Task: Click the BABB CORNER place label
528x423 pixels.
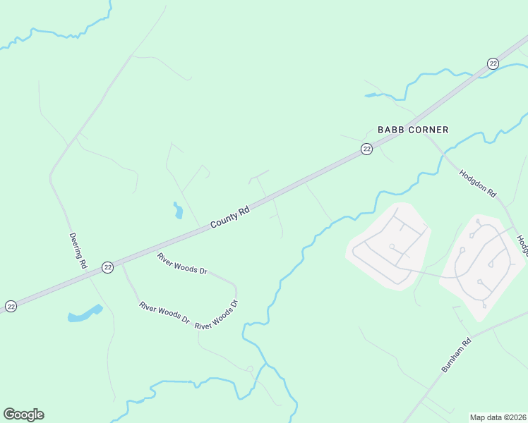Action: [x=413, y=130]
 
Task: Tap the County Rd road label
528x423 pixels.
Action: [x=230, y=217]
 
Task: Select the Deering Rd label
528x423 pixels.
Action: [x=77, y=250]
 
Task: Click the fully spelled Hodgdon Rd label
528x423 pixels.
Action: [x=479, y=183]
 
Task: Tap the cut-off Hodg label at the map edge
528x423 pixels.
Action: [x=522, y=245]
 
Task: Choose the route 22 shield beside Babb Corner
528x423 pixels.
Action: [x=366, y=149]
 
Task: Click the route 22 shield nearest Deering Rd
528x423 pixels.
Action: [x=107, y=266]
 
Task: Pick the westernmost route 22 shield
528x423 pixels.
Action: [x=11, y=306]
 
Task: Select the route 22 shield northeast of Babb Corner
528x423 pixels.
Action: [x=493, y=64]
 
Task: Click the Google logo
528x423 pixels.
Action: [x=23, y=415]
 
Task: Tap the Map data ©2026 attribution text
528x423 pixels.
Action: [x=498, y=417]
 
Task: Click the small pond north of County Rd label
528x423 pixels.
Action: [x=177, y=210]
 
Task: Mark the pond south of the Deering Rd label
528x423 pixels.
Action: [x=85, y=313]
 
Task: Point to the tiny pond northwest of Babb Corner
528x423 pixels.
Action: [x=372, y=94]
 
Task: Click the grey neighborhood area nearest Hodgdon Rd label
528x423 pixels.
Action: [x=480, y=264]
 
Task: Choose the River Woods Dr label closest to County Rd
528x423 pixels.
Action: [x=182, y=263]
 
